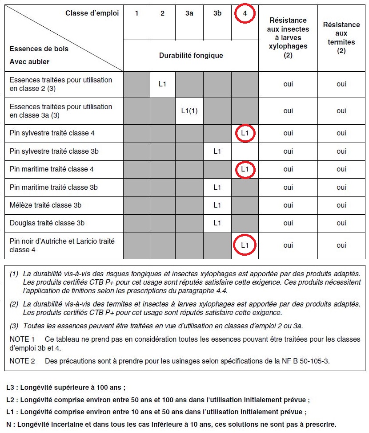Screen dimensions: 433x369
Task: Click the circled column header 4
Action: (x=245, y=13)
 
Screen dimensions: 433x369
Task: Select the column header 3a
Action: (x=189, y=13)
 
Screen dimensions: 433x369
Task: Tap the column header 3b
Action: (x=217, y=13)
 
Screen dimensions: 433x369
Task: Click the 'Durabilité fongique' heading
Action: (x=191, y=56)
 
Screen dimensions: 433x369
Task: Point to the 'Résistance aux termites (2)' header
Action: (x=341, y=37)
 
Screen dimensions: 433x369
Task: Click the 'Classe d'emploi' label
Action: (x=92, y=13)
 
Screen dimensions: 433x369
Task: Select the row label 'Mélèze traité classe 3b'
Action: (x=45, y=205)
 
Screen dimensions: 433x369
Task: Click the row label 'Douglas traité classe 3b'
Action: (x=47, y=223)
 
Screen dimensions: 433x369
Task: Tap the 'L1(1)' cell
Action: (x=189, y=111)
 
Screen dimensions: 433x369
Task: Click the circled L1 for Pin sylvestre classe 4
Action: (x=245, y=133)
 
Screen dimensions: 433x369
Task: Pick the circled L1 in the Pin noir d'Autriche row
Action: (x=245, y=245)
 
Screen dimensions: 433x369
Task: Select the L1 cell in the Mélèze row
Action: (x=217, y=205)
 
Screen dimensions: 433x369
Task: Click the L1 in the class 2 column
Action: (x=162, y=84)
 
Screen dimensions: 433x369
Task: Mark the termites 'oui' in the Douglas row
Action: (x=341, y=223)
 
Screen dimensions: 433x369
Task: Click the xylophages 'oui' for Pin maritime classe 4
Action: (x=288, y=169)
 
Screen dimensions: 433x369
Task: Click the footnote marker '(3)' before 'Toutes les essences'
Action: (x=14, y=326)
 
